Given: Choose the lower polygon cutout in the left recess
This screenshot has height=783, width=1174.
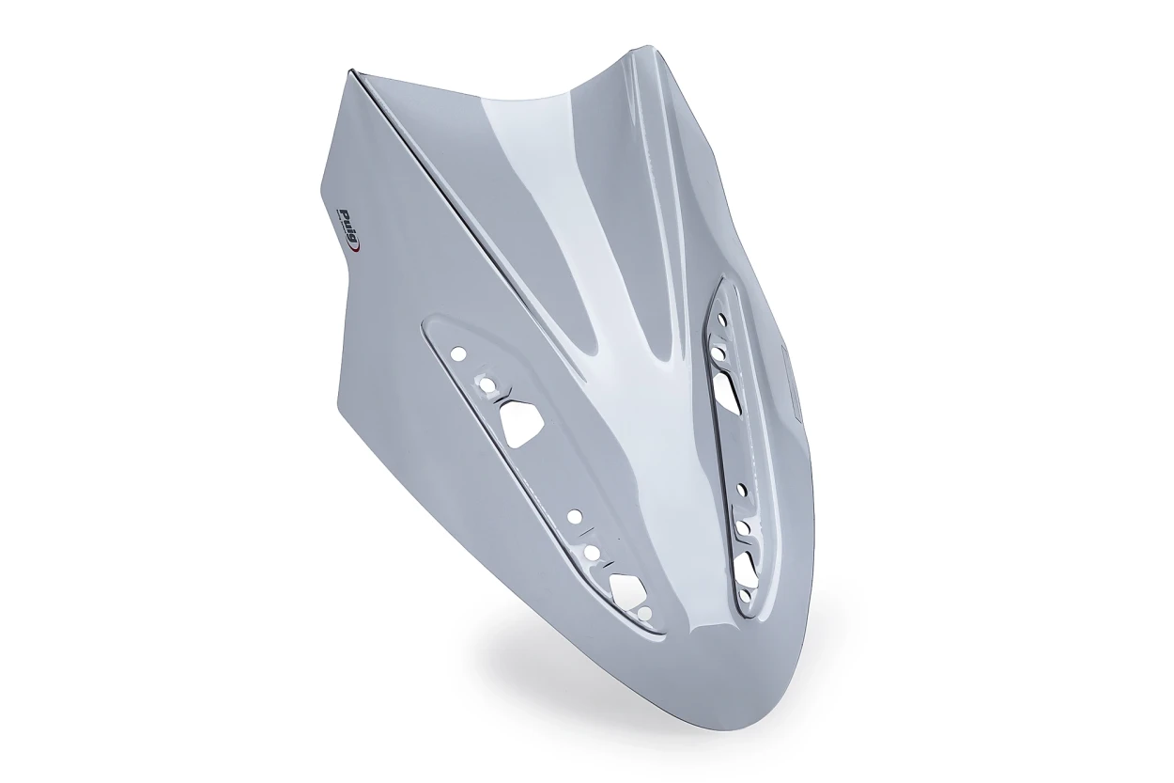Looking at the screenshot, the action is point(628,589).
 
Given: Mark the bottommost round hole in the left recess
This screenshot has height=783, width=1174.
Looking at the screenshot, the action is point(646,613).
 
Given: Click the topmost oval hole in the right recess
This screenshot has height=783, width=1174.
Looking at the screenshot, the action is point(723,319).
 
